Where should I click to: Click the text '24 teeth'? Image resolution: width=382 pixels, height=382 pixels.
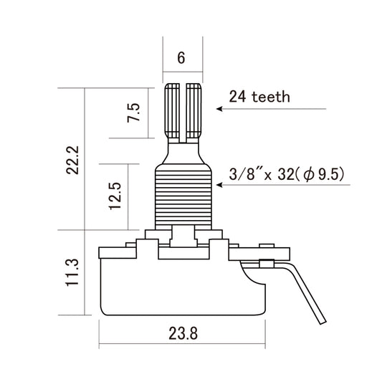(x=259, y=96)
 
